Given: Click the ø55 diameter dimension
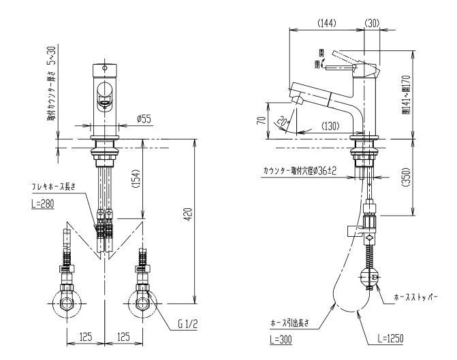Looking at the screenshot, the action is point(144,119).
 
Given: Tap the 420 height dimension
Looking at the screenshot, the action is point(189,214).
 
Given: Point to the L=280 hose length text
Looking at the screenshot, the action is point(42,203).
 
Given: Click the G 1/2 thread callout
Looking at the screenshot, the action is point(187,323).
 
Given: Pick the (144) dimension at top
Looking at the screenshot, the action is point(326,22).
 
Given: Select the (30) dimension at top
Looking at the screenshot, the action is point(372,22).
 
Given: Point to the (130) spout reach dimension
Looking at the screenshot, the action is point(330,126).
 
